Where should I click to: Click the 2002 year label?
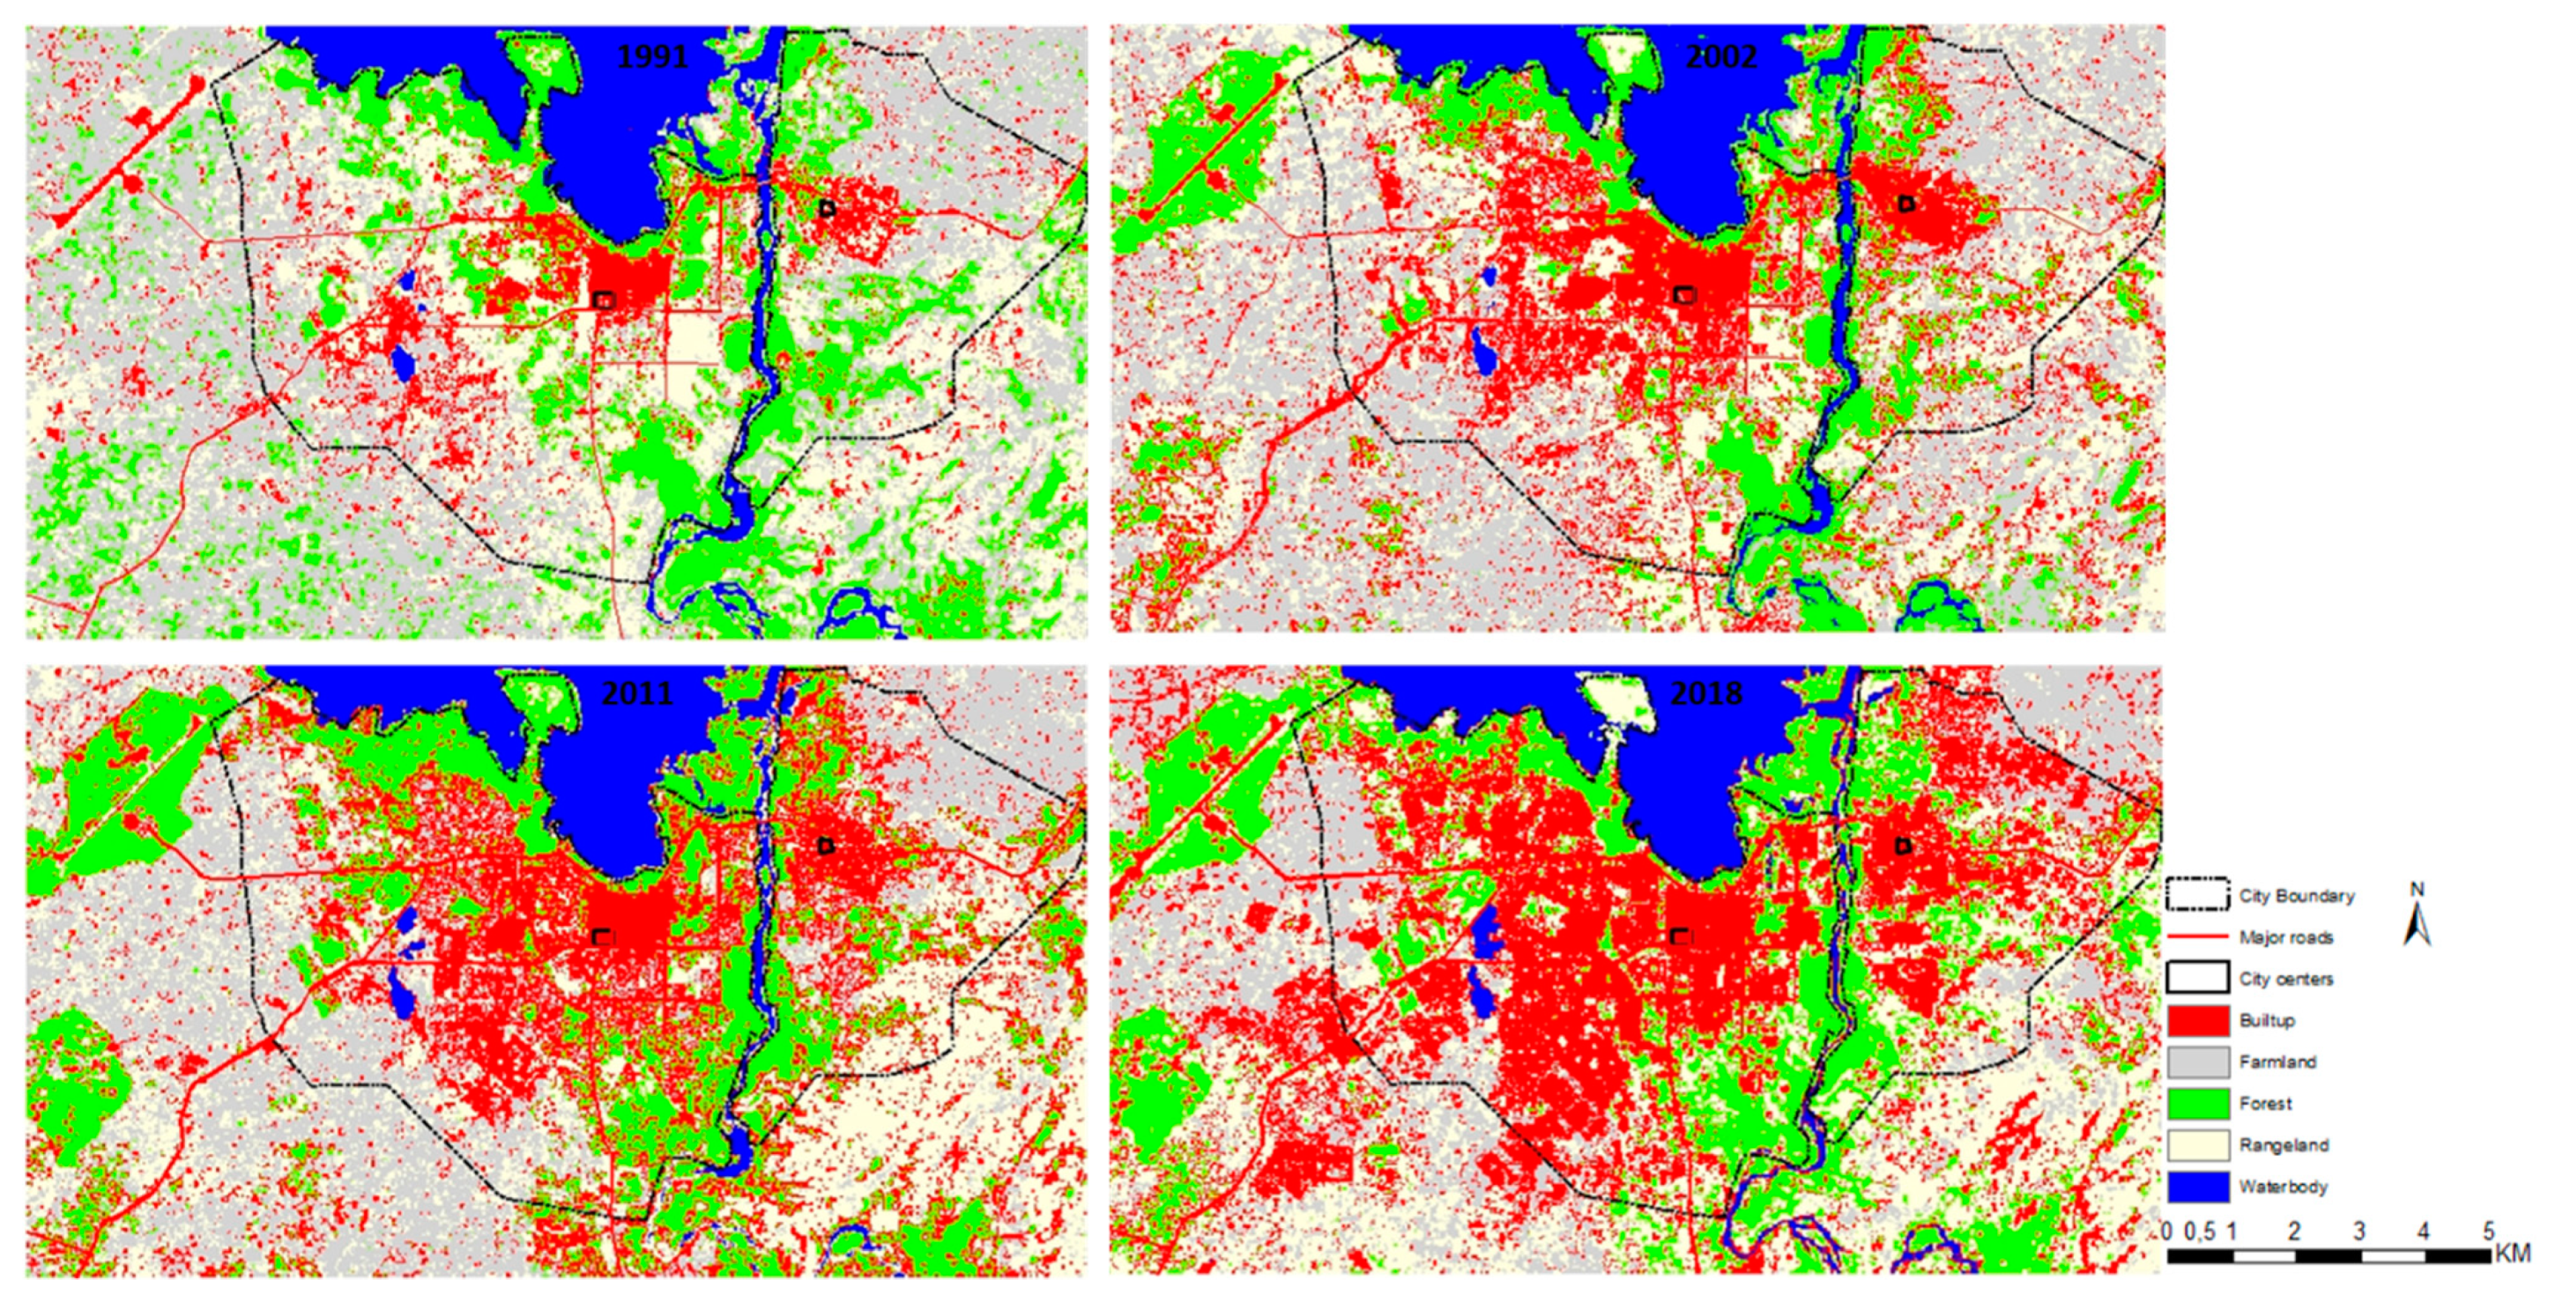(1721, 56)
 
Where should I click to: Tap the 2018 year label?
(1706, 692)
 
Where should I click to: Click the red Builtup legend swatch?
(2198, 1020)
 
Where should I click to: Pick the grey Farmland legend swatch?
(2198, 1062)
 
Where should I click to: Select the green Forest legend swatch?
(2198, 1104)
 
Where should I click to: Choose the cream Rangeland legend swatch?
(2198, 1145)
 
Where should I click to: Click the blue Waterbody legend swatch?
(2198, 1187)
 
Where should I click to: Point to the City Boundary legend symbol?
(2198, 895)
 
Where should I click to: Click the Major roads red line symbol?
(2198, 937)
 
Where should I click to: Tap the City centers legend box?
(2198, 978)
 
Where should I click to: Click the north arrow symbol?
(2418, 917)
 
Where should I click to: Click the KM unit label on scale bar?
(2513, 1254)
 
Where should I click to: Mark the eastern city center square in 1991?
(828, 208)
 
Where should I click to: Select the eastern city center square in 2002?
(1905, 203)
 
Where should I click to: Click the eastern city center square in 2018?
(1902, 846)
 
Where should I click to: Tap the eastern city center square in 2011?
(825, 846)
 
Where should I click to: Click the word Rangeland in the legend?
(2284, 1145)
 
